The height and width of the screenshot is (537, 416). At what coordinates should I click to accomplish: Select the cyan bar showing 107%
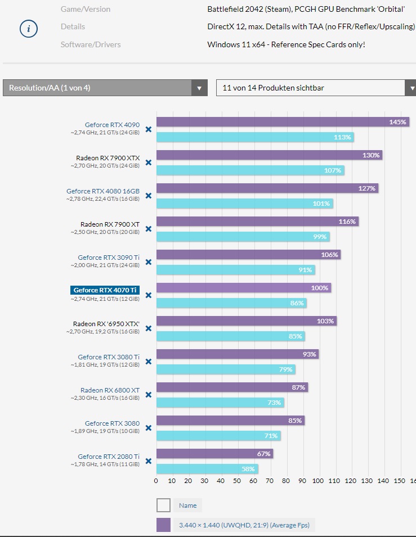click(250, 170)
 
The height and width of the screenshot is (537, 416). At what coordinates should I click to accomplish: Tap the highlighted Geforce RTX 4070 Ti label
click(105, 290)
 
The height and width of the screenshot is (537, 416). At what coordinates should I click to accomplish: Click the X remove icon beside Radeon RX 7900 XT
click(149, 229)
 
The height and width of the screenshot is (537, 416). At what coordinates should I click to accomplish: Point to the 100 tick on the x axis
click(318, 481)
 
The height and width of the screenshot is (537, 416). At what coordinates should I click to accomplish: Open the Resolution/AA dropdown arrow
click(199, 88)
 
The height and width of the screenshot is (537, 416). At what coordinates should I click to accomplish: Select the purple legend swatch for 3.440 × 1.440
click(163, 525)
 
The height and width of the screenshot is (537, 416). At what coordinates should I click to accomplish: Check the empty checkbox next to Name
click(163, 505)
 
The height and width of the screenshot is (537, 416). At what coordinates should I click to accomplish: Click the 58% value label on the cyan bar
click(248, 468)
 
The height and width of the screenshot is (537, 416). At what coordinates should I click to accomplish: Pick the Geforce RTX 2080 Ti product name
click(109, 457)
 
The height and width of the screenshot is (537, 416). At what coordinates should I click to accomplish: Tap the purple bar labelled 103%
click(246, 321)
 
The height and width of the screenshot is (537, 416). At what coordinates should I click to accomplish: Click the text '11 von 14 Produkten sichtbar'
click(273, 88)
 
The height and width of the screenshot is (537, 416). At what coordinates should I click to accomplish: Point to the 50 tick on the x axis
click(237, 481)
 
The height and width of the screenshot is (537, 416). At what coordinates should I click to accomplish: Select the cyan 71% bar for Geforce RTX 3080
click(218, 436)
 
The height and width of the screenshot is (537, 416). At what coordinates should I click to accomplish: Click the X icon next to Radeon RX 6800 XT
click(149, 395)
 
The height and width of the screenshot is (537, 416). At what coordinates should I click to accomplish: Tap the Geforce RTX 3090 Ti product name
click(109, 258)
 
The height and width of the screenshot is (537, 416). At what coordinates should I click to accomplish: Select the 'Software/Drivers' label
click(91, 44)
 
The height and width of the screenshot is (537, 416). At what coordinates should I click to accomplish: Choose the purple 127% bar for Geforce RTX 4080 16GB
click(267, 188)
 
